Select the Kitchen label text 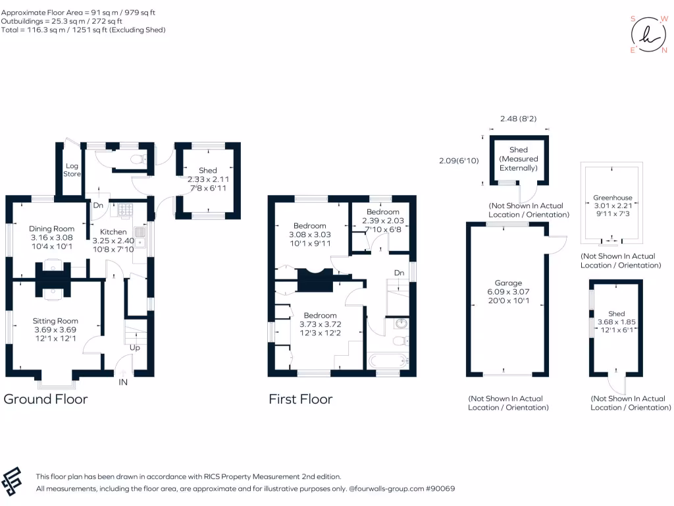coord(113,232)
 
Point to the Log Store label coord(72,170)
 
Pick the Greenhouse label coord(612,197)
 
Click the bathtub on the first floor coord(388,360)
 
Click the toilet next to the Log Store coord(137,158)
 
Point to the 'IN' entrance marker coord(123,381)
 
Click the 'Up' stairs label coord(134,347)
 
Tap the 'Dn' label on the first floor coord(399,272)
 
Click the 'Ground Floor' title coord(45,399)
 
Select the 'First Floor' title coord(300,399)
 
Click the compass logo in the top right coord(649,35)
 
